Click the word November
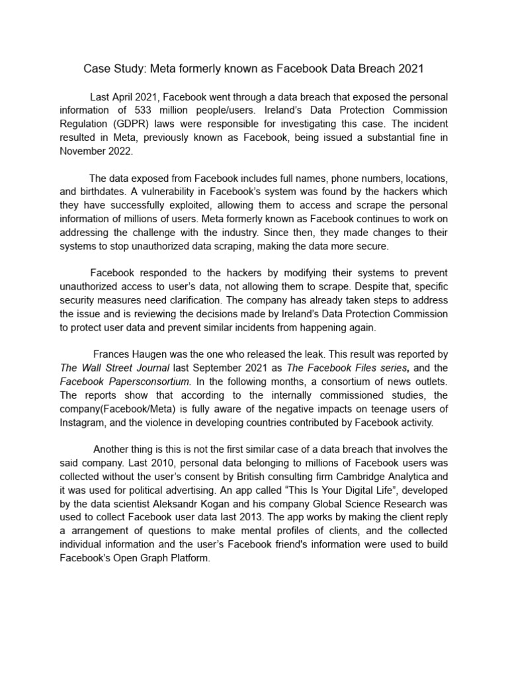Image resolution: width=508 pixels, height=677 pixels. coord(83,151)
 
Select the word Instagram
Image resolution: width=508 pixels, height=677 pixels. coord(83,422)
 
